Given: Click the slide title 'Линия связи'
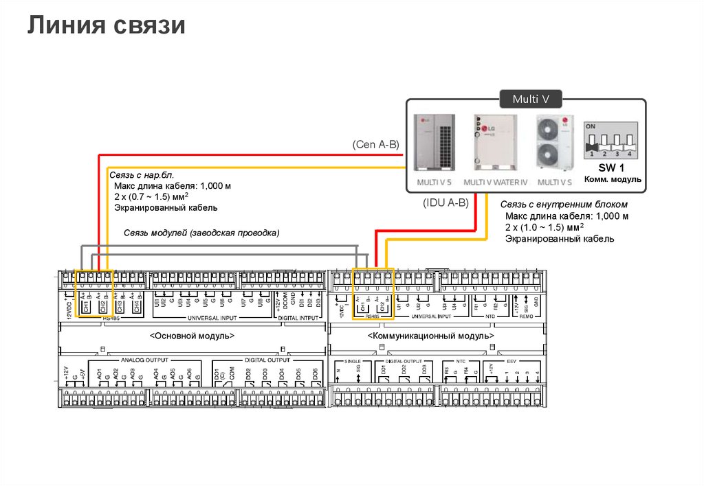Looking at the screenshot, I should [107, 25].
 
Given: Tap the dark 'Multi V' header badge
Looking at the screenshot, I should [531, 100].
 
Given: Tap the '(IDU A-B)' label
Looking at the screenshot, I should [446, 202].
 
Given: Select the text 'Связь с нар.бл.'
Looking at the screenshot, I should [145, 176].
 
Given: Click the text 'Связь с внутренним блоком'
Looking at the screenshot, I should [564, 205].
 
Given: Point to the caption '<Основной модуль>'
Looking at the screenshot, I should [192, 336].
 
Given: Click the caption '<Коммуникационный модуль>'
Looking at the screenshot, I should [430, 336].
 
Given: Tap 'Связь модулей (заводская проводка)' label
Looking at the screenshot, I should [201, 233].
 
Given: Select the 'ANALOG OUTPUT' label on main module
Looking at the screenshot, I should [144, 360].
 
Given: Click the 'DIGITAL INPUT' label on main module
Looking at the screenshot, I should [297, 319].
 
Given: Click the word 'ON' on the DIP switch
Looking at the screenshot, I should [590, 126].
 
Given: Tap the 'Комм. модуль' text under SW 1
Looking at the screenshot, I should [613, 179].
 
